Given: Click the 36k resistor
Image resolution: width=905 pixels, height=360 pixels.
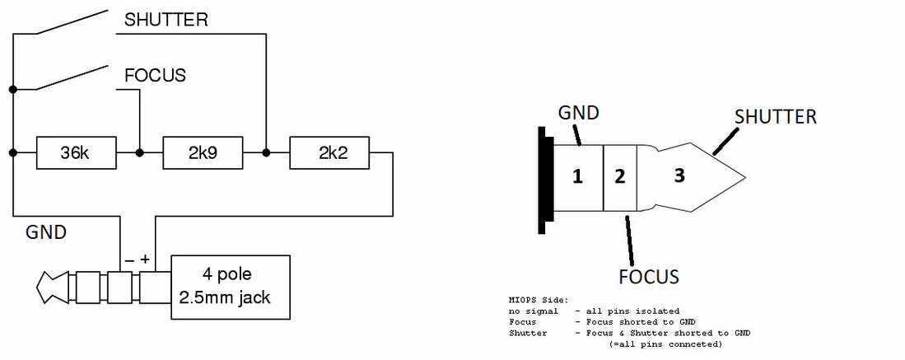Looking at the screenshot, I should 76,153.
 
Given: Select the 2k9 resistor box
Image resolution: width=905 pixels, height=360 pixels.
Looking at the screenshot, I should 203,153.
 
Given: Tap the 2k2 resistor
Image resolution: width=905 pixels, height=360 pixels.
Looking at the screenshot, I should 329,153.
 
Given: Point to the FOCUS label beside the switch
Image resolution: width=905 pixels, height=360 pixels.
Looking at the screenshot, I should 155,76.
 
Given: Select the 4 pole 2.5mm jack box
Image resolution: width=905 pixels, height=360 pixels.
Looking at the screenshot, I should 231,287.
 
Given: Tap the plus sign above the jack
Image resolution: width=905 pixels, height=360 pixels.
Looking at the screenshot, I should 145,259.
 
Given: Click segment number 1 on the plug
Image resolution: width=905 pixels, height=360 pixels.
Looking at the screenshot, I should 577,175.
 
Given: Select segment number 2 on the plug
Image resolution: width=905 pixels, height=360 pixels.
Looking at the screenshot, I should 620,175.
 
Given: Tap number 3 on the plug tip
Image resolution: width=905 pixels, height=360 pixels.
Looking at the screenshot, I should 678,175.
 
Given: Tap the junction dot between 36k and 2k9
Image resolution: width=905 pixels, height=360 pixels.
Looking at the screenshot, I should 139,153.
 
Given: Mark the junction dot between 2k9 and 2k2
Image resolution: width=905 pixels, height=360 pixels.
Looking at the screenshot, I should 266,153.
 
